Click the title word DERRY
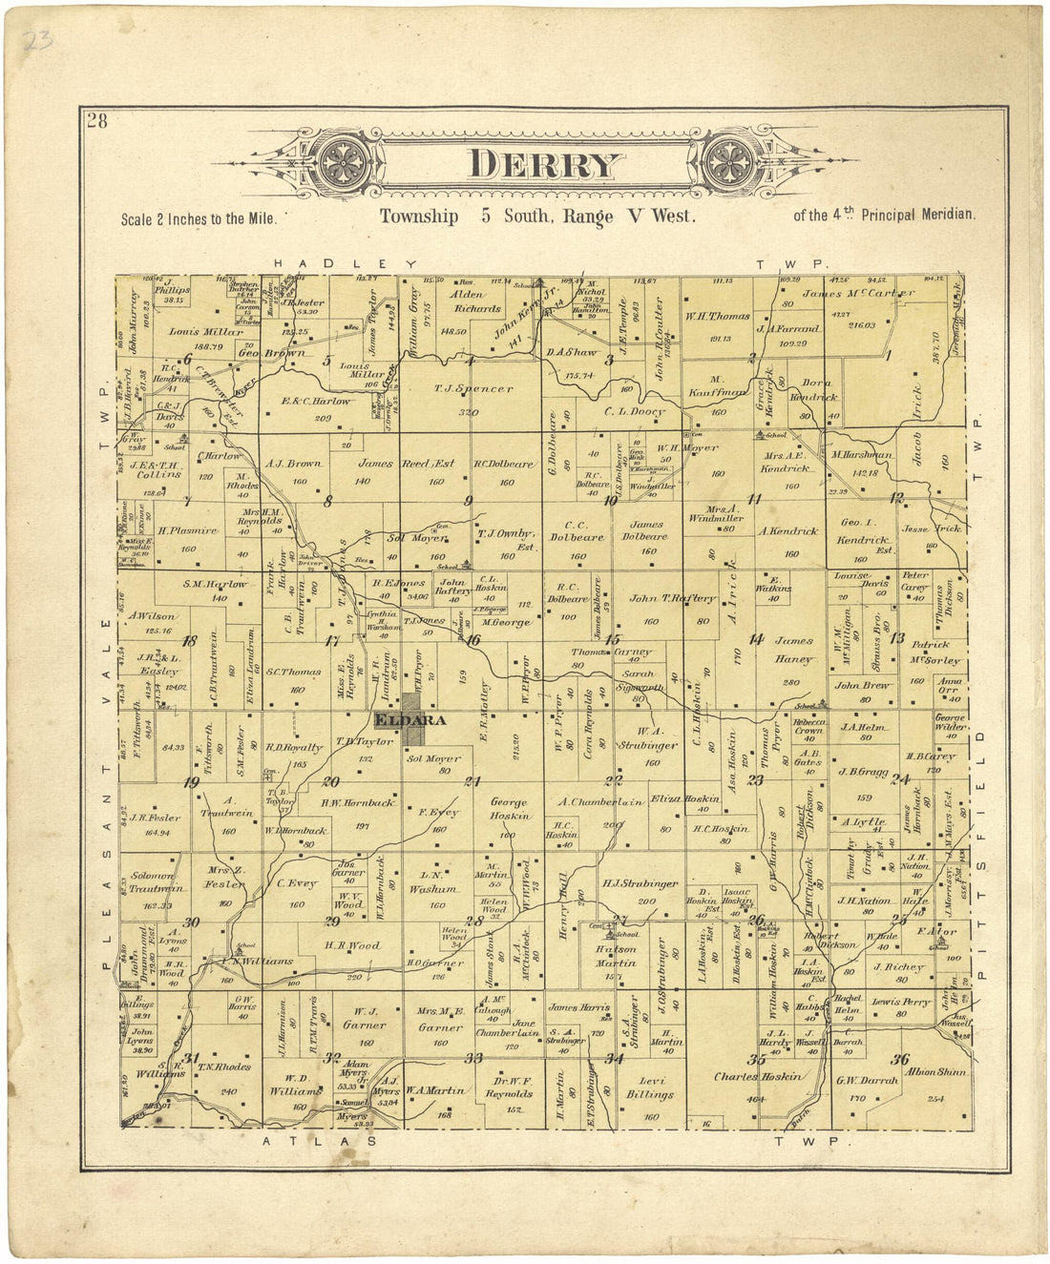545,165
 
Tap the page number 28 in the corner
96,121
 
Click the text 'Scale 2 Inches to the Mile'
199,218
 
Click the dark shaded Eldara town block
414,719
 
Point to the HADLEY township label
345,263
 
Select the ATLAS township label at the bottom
319,1140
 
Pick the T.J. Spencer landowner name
472,389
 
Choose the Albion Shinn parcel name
930,1071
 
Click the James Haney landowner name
793,650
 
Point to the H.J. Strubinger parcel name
640,883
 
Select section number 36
899,1059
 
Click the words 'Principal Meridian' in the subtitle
918,216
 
